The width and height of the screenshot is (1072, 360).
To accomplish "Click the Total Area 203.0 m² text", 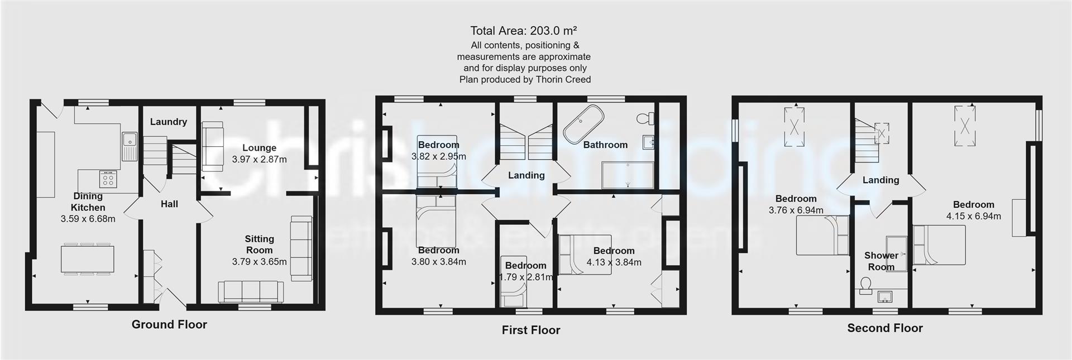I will click(x=523, y=31).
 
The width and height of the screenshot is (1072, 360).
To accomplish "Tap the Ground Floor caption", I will click(x=169, y=324).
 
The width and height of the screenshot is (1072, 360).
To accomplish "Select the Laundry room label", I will click(x=168, y=122).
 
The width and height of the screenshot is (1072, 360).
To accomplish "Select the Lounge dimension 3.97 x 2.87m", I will click(x=259, y=159).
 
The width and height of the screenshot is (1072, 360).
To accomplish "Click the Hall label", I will click(x=169, y=204).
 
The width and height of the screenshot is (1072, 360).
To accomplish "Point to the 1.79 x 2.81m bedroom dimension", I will click(x=525, y=277).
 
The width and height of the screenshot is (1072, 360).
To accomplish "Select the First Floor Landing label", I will click(x=526, y=175).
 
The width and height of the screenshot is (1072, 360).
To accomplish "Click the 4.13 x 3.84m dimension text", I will click(x=614, y=262).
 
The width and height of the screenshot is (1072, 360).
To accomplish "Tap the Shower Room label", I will click(x=881, y=261).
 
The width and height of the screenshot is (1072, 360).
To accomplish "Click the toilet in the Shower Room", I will click(x=866, y=286).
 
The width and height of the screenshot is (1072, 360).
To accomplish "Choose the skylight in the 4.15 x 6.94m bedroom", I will click(x=968, y=126).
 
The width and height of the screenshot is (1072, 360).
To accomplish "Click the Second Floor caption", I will click(x=884, y=328).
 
